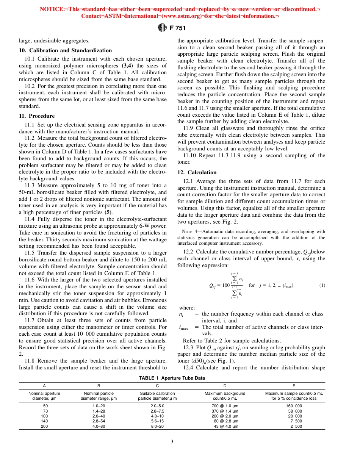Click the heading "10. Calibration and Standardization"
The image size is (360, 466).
(65, 50)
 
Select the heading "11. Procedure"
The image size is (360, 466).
(37, 116)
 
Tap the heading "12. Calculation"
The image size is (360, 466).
(197, 172)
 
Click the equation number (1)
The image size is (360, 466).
(322, 285)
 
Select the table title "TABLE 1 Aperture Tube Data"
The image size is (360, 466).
(172, 378)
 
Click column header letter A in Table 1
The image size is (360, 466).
(44, 386)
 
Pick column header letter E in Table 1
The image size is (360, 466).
(294, 386)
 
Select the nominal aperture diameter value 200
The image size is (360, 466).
(44, 426)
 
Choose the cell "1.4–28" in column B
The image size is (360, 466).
(99, 411)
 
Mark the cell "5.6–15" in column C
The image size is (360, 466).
(157, 421)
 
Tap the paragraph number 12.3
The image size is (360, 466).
(188, 347)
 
